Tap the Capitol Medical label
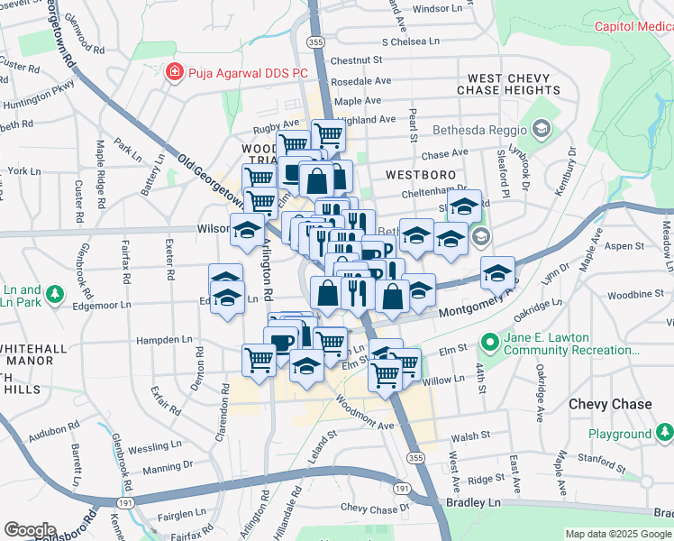click(x=633, y=26)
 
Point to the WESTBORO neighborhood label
click(x=417, y=173)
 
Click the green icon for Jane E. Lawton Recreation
click(x=490, y=343)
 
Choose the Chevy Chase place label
click(x=610, y=404)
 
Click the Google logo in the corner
click(x=30, y=529)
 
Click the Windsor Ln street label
click(x=442, y=8)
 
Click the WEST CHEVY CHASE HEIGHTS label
click(x=508, y=85)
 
